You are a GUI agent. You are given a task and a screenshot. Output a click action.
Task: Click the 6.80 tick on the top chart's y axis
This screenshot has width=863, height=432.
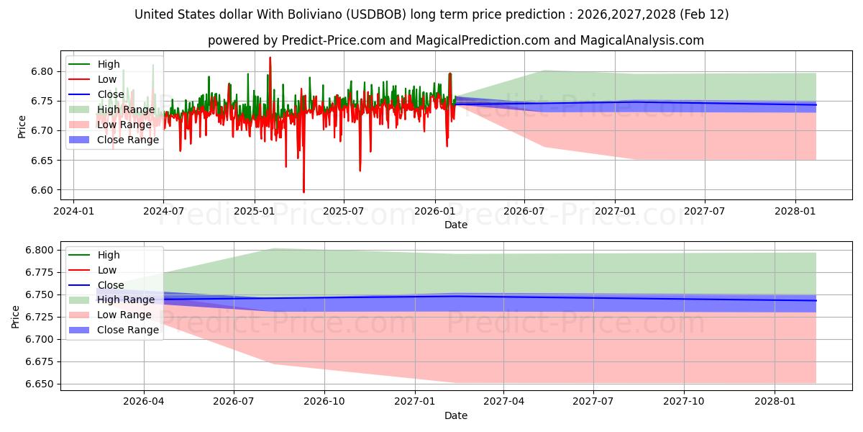(42, 71)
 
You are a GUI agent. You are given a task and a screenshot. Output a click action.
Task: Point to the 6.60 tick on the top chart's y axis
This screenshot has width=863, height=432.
(42, 190)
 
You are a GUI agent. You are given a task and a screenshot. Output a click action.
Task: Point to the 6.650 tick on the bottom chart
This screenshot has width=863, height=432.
(39, 384)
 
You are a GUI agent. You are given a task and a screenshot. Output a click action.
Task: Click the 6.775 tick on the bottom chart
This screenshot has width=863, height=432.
(39, 272)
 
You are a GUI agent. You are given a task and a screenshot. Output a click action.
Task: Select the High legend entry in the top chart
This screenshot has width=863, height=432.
(109, 64)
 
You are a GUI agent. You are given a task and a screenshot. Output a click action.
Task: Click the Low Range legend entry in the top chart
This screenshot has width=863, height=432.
(124, 125)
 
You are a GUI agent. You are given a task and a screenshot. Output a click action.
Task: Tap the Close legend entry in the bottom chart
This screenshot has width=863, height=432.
(111, 285)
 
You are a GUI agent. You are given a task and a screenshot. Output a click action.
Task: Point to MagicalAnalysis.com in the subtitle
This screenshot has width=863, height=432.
(648, 40)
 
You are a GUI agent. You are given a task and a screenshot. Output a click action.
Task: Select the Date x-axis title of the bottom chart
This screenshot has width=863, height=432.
(456, 415)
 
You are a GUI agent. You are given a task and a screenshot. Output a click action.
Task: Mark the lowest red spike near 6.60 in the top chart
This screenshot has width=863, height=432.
(303, 192)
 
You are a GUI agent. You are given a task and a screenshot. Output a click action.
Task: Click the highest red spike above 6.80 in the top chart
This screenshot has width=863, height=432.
(270, 58)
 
